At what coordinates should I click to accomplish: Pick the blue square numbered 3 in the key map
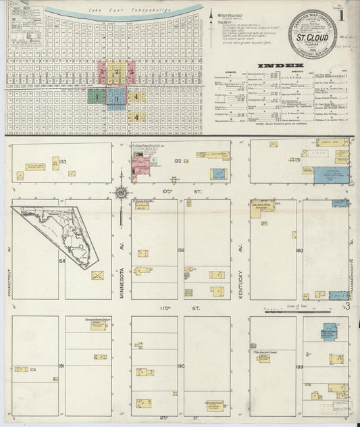(x=116, y=99)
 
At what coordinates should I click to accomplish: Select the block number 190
(x=180, y=366)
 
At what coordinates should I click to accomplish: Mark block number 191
(x=61, y=366)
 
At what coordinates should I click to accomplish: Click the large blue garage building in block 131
(x=331, y=174)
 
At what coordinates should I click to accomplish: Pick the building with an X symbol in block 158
(x=97, y=275)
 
